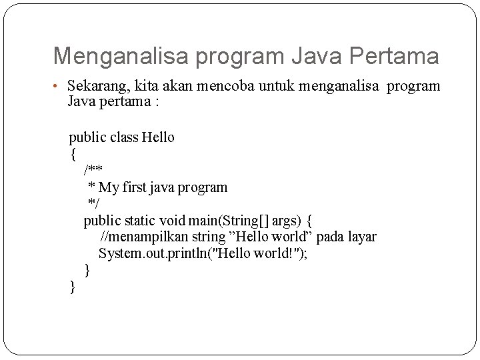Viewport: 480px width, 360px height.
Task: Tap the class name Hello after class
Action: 158,138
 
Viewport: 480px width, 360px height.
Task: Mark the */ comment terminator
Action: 93,203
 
